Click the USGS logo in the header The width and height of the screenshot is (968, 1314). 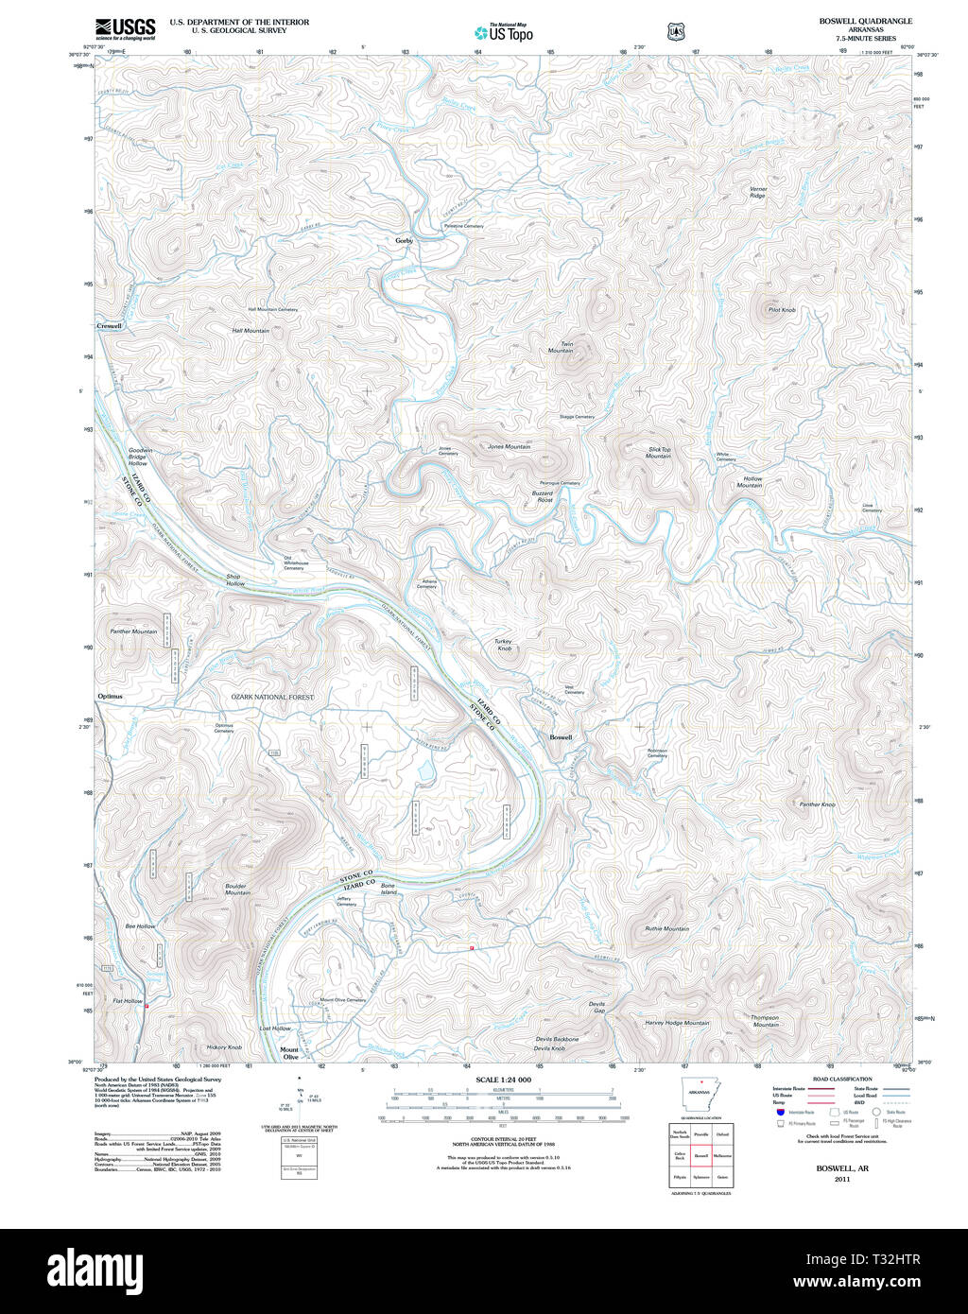tap(125, 27)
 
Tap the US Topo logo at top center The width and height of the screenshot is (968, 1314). tap(504, 31)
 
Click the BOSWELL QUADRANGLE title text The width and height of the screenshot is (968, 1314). tap(866, 21)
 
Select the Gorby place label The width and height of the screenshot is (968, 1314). tap(404, 241)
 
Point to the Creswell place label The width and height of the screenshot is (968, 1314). tap(109, 326)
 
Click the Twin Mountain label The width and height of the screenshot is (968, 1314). tap(562, 347)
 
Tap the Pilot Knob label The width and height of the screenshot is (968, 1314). tap(782, 310)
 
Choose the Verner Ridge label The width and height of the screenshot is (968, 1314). tap(758, 192)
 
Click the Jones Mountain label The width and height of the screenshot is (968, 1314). tap(509, 446)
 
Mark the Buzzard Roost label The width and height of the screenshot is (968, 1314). tap(542, 495)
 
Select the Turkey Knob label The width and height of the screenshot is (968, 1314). tap(504, 645)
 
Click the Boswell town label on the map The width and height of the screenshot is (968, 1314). tap(561, 737)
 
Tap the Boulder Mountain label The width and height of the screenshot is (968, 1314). tap(237, 890)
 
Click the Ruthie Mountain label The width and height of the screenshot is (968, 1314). tap(666, 928)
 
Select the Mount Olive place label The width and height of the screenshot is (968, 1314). tap(289, 1053)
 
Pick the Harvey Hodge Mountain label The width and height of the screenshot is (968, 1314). tap(677, 1023)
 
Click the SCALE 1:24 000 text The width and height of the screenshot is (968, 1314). tap(503, 1080)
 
